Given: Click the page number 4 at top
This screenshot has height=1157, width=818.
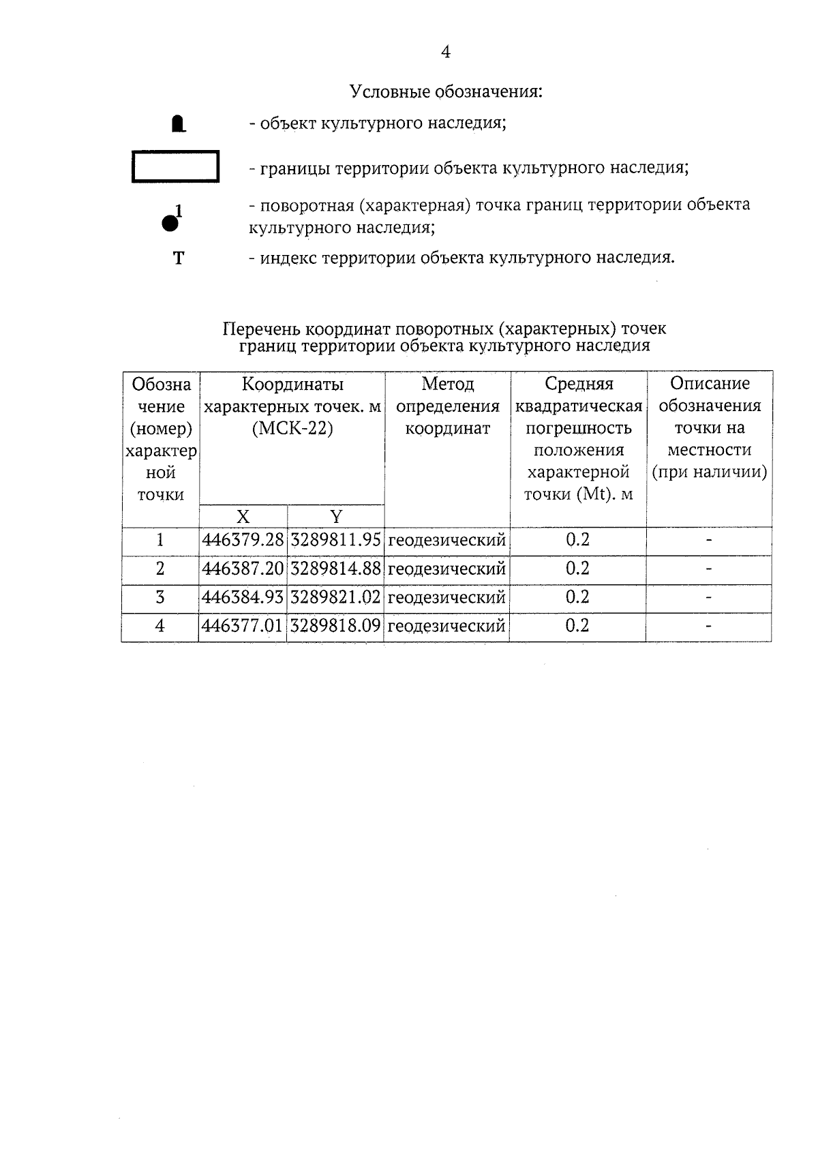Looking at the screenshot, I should (x=446, y=52).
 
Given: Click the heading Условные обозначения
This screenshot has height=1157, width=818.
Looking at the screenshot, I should (x=446, y=91).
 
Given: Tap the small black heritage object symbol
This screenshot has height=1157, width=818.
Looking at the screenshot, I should (x=178, y=124).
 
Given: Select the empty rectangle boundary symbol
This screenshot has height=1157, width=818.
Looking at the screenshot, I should (x=175, y=167).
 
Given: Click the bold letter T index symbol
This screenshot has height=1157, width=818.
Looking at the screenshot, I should (x=179, y=258).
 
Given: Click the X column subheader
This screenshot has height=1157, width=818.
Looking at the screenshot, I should (x=243, y=516).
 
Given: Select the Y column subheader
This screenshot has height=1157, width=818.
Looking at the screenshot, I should (x=335, y=516).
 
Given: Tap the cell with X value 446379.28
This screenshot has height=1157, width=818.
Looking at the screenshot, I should (x=243, y=540).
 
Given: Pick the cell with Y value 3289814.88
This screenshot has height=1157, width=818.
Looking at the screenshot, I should (x=335, y=569).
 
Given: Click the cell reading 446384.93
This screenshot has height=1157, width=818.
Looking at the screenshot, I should (x=243, y=597).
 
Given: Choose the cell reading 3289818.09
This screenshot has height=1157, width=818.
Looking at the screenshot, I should (x=335, y=626).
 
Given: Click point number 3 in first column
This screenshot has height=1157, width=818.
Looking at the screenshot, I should (x=160, y=597).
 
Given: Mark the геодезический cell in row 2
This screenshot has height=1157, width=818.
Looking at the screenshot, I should (x=446, y=569).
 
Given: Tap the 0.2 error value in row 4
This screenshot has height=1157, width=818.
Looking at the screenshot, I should (x=577, y=626).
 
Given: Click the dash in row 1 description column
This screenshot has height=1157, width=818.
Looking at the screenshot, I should (x=709, y=540).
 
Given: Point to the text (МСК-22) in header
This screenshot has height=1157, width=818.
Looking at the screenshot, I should (x=292, y=430).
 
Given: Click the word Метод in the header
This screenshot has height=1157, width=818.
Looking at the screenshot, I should (x=447, y=384).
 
